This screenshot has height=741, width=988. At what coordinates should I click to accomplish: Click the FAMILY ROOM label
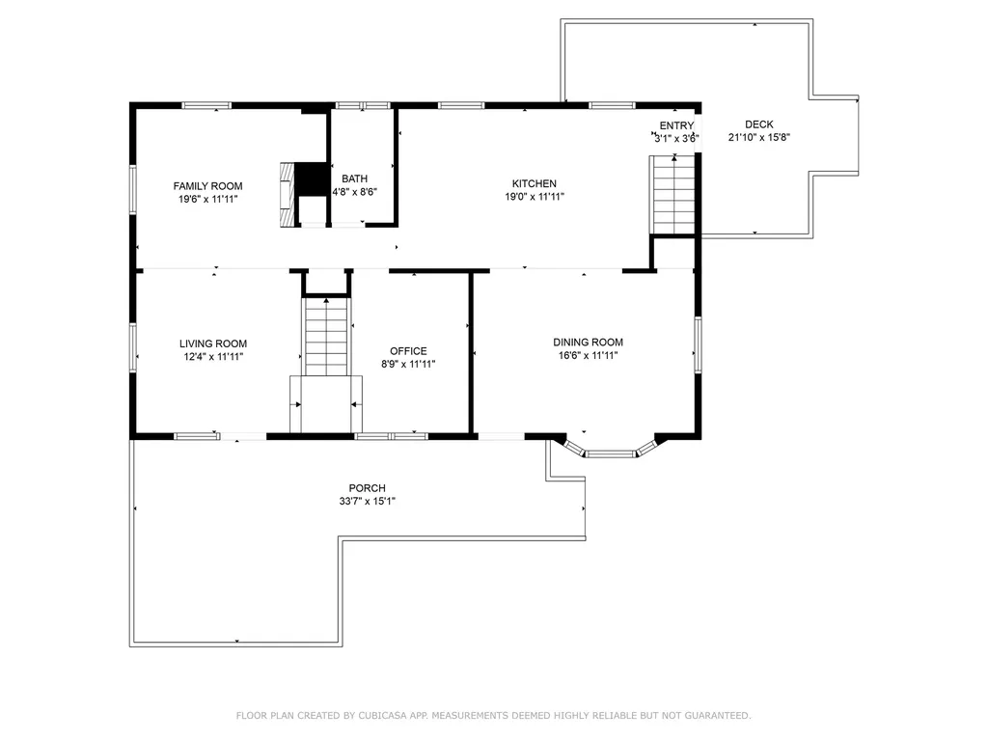tap(207, 186)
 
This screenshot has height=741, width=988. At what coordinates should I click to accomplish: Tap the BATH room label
tap(354, 178)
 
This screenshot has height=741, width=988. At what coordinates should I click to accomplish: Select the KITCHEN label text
tap(534, 183)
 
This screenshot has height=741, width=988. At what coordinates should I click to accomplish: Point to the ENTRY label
tap(676, 126)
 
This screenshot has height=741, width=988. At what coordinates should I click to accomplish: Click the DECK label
tap(758, 124)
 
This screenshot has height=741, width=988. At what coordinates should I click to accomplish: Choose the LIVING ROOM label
tap(212, 343)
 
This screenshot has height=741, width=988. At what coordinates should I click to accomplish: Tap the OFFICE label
tap(408, 351)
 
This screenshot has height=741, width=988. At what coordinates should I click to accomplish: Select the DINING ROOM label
tap(588, 343)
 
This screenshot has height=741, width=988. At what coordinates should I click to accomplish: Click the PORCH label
tap(367, 488)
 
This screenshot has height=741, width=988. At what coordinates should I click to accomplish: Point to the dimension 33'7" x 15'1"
tap(367, 501)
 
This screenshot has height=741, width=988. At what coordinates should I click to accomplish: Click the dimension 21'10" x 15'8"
tap(759, 137)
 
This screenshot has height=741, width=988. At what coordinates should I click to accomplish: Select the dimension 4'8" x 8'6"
tap(354, 191)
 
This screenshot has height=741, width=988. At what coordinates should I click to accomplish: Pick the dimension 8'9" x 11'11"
tap(408, 364)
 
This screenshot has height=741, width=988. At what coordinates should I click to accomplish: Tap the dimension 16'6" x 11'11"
tap(588, 355)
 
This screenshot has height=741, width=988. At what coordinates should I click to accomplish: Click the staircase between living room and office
tap(326, 338)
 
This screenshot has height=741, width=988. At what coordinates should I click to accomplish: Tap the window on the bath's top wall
tap(362, 104)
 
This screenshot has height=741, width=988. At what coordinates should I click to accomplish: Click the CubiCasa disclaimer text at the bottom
tap(493, 715)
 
